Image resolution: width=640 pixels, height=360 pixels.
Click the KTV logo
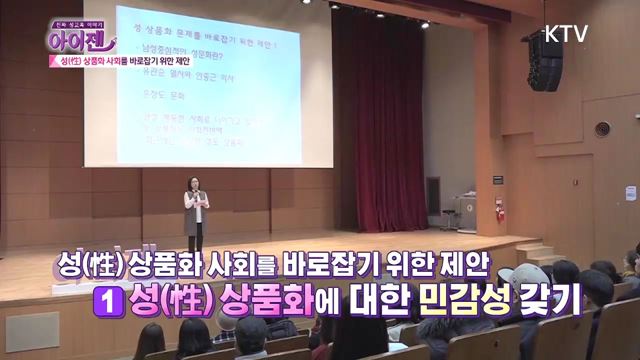pyautogui.click(x=565, y=33)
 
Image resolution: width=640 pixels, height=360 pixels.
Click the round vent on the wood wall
pyautogui.click(x=602, y=129)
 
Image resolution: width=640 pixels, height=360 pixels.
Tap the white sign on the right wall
pyautogui.click(x=631, y=193)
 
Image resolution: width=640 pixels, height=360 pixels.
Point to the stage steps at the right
pyautogui.click(x=541, y=249)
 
